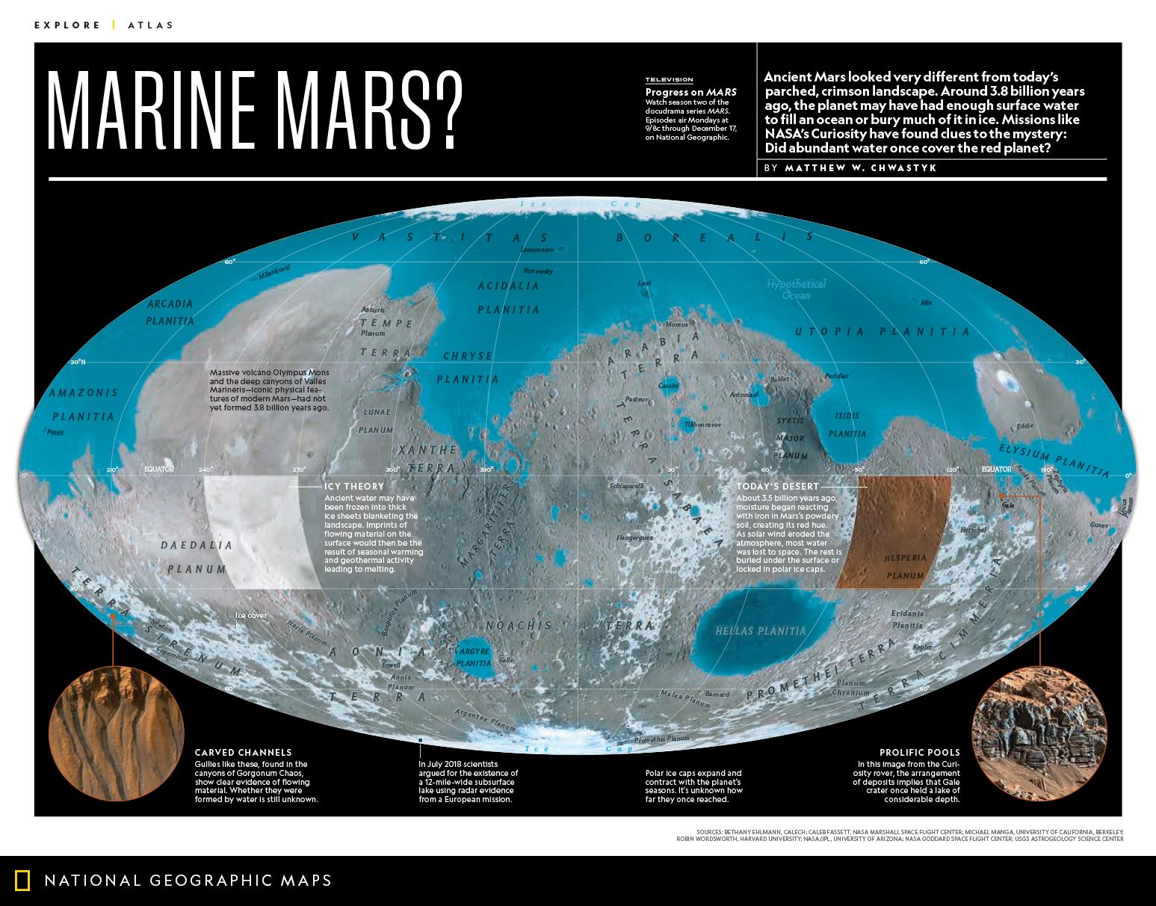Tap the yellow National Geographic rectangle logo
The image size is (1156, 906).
tap(23, 881)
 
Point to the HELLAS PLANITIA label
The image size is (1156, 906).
tap(761, 631)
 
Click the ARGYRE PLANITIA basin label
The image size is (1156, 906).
tap(473, 657)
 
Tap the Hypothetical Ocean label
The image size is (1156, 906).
tap(796, 289)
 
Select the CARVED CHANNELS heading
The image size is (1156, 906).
tap(243, 752)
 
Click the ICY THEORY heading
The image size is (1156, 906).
tap(354, 486)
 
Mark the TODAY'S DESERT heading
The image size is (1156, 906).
tap(777, 486)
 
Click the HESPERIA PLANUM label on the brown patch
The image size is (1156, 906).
tap(905, 567)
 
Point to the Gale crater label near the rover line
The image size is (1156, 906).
tap(1008, 505)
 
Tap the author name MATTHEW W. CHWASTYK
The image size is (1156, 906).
tap(861, 168)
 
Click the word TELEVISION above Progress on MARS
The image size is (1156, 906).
tap(669, 80)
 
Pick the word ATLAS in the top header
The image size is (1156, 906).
tap(150, 25)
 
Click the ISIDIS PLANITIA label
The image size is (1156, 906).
tap(847, 425)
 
